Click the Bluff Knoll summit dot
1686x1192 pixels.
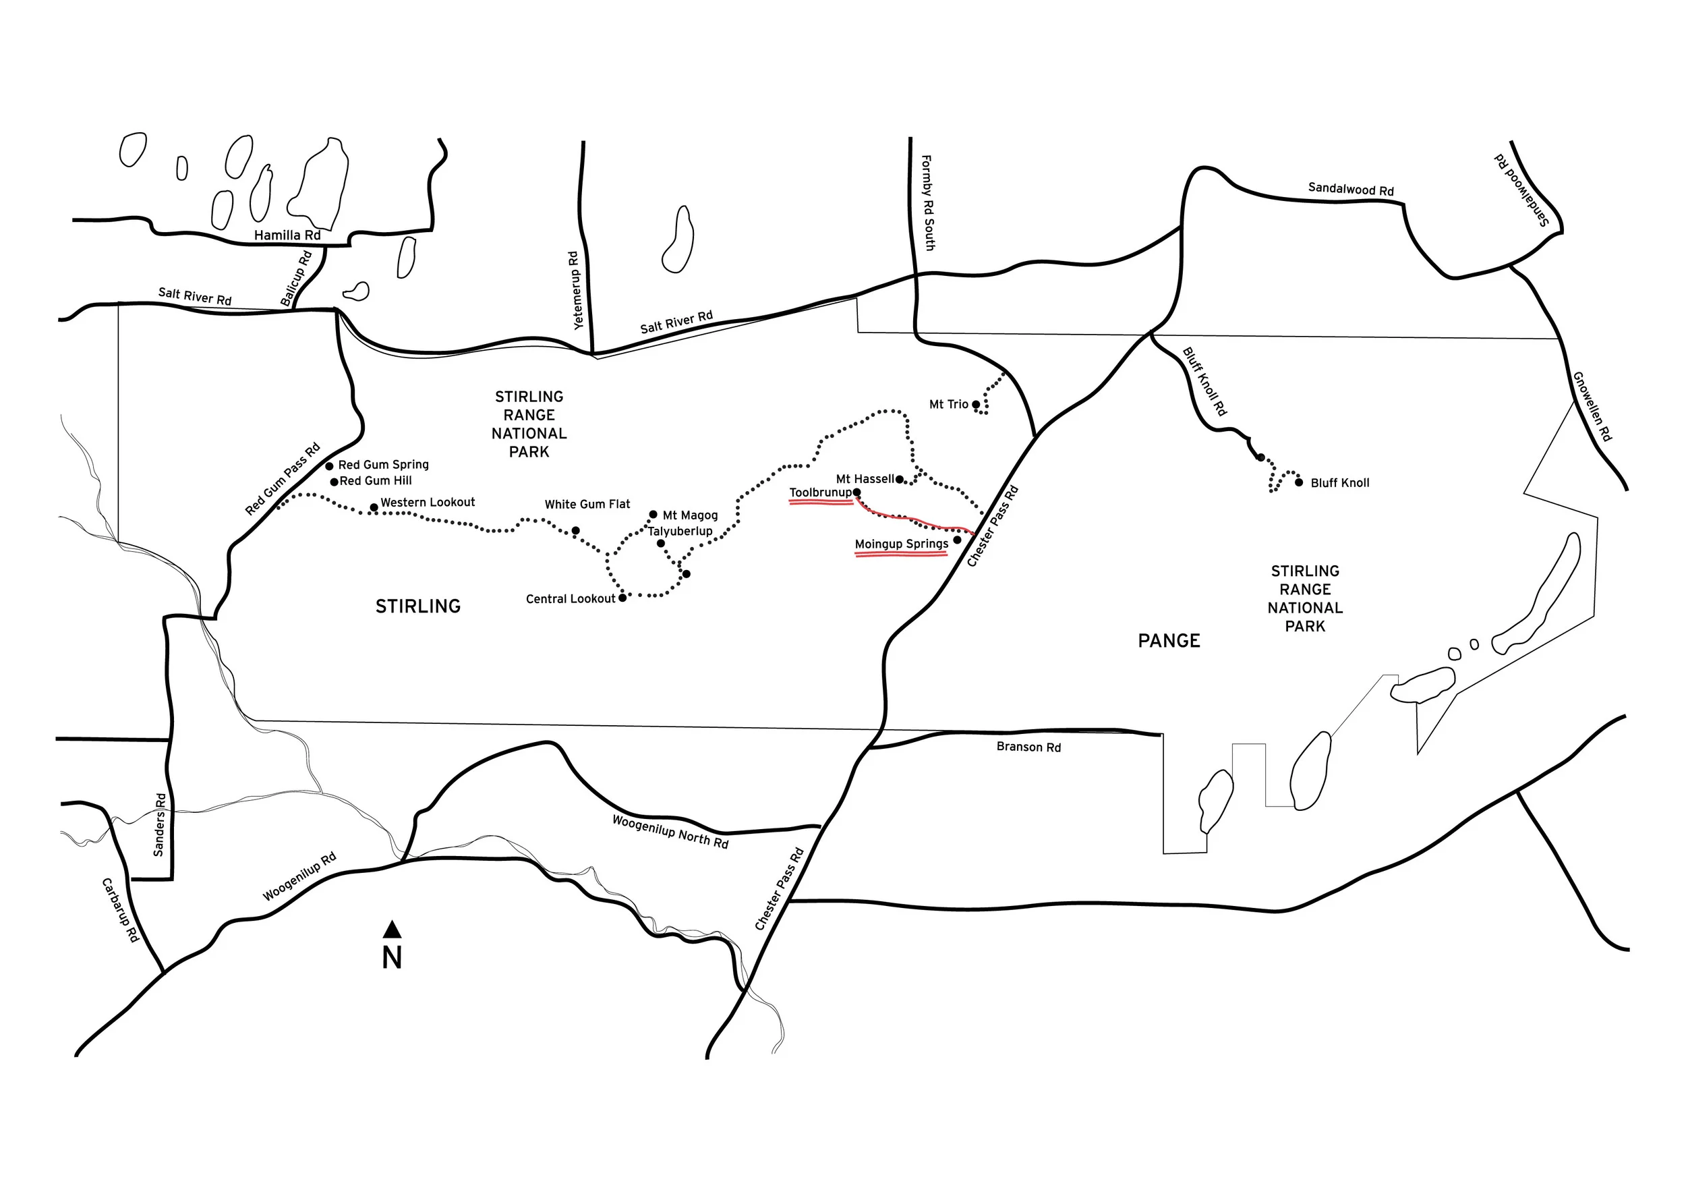tap(1298, 482)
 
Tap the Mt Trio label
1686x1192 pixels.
tap(949, 404)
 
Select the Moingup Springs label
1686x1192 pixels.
tap(901, 544)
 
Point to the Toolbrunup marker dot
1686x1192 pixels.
tap(856, 492)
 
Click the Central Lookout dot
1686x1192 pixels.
tap(622, 598)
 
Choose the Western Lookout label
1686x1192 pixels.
tap(428, 503)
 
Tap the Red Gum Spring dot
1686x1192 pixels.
tap(330, 465)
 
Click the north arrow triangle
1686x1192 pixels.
tap(392, 930)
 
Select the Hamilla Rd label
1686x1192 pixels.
tap(287, 235)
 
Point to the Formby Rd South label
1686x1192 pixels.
tap(927, 202)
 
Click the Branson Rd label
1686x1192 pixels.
tap(1028, 747)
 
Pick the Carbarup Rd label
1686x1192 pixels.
tap(119, 910)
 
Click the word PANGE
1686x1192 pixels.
tap(1169, 641)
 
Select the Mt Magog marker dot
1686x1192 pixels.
tap(653, 514)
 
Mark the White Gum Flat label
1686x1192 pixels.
tap(587, 504)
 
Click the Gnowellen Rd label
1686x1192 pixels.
tap(1592, 406)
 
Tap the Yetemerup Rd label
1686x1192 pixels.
tap(575, 290)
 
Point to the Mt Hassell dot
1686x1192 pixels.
tap(899, 480)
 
